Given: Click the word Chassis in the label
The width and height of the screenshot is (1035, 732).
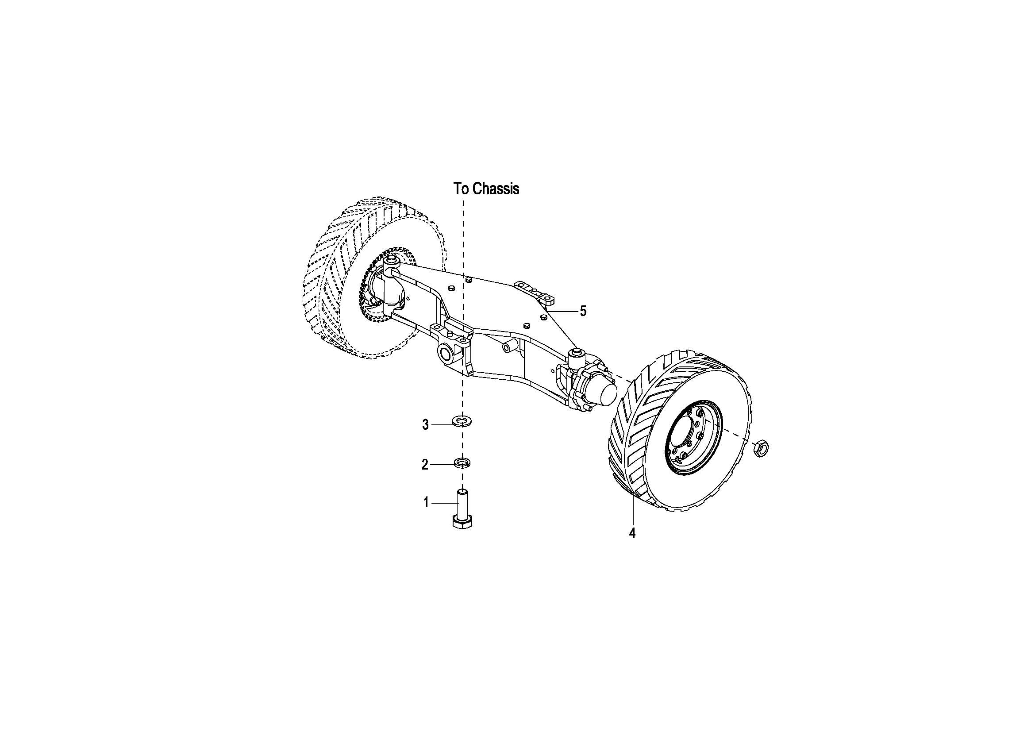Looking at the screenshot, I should (497, 189).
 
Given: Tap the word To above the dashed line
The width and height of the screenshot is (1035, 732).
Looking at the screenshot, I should (461, 189).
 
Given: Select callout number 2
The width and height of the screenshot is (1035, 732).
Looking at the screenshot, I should (425, 465).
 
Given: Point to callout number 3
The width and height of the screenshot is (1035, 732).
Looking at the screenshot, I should (425, 424).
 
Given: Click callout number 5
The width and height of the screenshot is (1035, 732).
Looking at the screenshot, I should (583, 311).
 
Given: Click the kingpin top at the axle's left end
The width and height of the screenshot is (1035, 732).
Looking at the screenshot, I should (391, 260).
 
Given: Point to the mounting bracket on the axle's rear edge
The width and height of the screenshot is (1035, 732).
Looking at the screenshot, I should (534, 290).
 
